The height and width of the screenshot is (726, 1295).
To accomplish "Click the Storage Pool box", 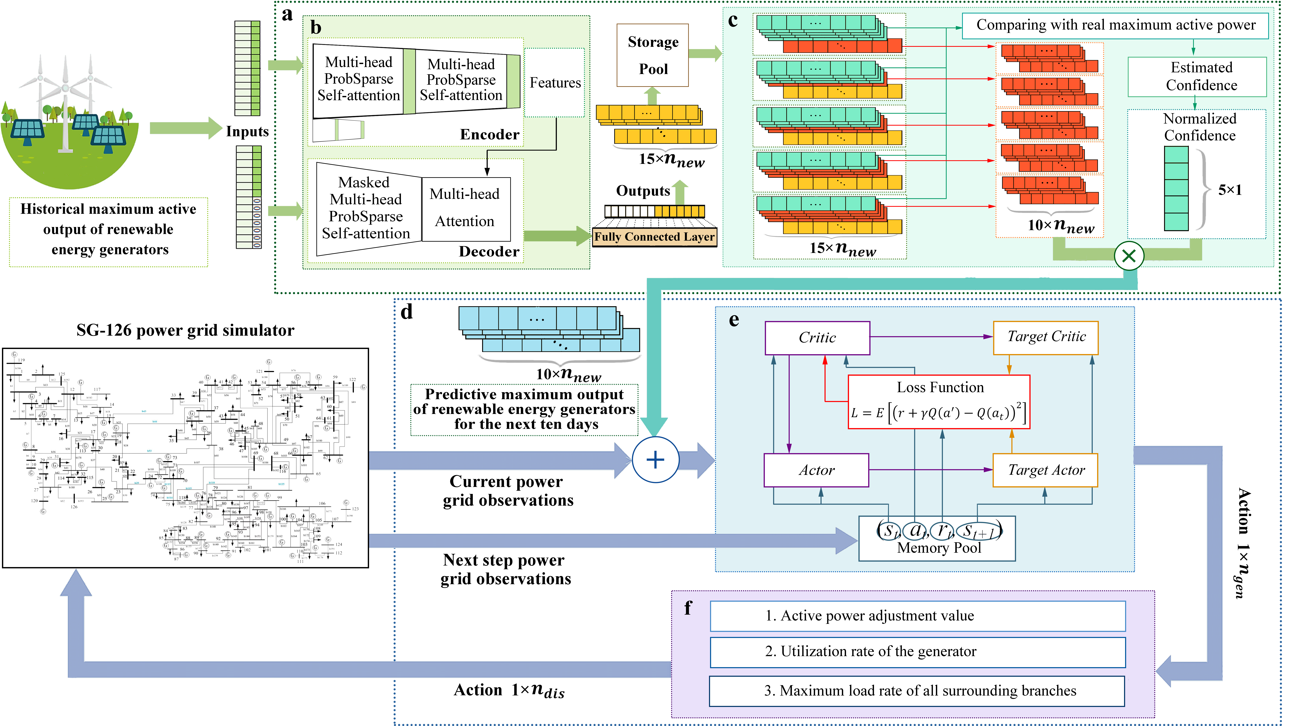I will [653, 55].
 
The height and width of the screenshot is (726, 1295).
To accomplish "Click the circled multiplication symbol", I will [1129, 256].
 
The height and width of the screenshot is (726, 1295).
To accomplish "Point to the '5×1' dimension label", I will [1230, 190].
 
